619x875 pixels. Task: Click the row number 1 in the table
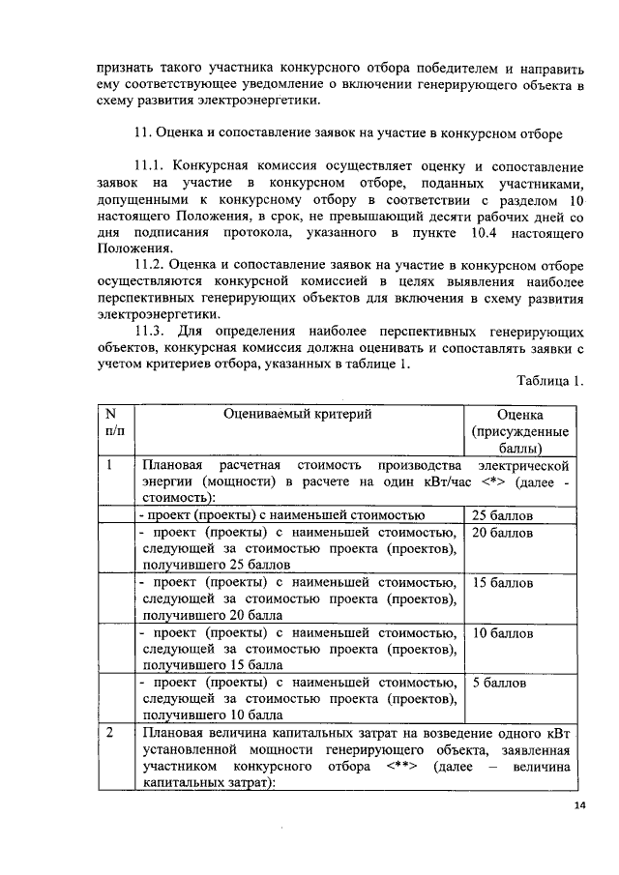click(x=112, y=465)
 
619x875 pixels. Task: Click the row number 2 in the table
click(x=112, y=733)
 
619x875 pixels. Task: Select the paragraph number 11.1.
click(x=154, y=167)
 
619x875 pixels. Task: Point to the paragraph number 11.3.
click(x=154, y=330)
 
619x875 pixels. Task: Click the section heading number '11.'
click(x=141, y=131)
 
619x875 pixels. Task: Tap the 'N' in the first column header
click(x=112, y=413)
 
